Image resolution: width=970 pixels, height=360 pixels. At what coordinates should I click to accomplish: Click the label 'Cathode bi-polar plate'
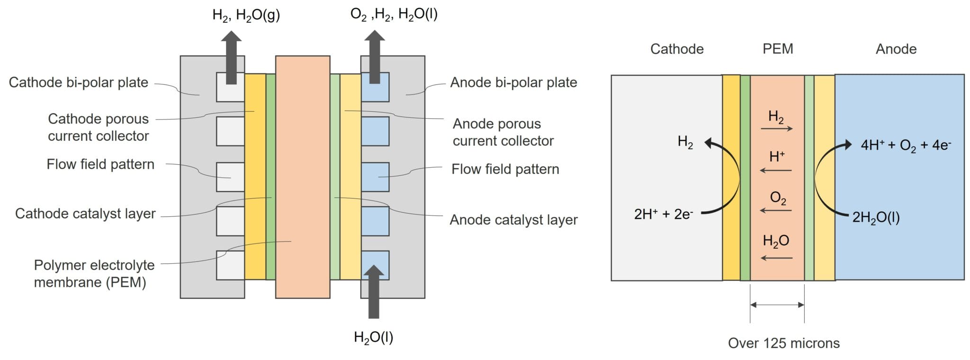(79, 82)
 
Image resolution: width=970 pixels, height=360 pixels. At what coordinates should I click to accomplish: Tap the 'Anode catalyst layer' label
(513, 220)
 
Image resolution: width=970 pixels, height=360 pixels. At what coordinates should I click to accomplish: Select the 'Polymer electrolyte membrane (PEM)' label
(94, 274)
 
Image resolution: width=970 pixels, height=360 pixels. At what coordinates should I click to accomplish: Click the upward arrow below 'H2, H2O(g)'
(231, 57)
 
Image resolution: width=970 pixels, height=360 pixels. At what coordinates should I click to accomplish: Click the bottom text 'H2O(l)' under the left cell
(373, 337)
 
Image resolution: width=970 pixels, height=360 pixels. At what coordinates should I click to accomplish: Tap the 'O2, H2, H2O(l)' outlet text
(394, 15)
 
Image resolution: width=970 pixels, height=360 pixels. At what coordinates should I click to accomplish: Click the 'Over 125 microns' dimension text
(783, 343)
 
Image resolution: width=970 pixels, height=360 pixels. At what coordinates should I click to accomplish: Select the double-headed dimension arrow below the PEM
(777, 305)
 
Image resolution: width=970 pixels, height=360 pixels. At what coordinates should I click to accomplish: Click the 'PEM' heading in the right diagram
(778, 49)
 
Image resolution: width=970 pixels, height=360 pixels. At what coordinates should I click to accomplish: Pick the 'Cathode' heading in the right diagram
(676, 49)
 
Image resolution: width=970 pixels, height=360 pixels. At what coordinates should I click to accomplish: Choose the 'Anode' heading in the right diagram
(896, 49)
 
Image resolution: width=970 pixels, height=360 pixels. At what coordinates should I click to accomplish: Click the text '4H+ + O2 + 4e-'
(906, 145)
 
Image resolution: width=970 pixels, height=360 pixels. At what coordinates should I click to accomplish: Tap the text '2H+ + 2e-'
(664, 214)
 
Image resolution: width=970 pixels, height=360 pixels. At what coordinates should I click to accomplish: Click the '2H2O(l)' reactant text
(876, 217)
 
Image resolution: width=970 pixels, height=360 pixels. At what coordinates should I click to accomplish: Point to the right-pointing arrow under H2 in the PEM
(777, 128)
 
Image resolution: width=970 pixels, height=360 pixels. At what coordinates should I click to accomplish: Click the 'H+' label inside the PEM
(777, 156)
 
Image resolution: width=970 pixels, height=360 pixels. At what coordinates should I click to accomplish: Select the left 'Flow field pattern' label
(100, 164)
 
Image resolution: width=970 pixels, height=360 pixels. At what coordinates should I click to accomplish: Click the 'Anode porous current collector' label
(503, 132)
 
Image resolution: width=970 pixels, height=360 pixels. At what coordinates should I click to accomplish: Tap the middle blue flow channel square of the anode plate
(375, 177)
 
